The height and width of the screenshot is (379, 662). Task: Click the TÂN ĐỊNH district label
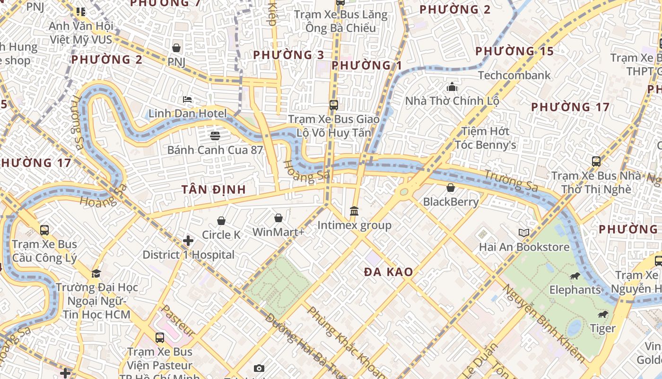point(214,189)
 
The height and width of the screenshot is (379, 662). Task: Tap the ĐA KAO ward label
point(389,272)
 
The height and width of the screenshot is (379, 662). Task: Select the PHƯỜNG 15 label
point(514,51)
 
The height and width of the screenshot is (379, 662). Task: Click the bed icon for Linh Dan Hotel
point(187,99)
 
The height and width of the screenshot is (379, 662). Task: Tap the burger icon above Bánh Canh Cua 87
point(215,136)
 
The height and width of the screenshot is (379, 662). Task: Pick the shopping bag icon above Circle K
point(221,221)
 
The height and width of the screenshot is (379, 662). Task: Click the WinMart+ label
point(279,232)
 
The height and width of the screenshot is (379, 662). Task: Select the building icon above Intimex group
point(354,211)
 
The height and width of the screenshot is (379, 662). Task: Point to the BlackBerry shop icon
point(451,188)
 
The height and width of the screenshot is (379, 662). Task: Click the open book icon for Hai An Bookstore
point(523,233)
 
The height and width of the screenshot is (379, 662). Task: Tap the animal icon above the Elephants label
point(575,276)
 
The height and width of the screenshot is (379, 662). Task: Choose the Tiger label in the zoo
point(602,328)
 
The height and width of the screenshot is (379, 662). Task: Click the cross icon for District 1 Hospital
point(188,241)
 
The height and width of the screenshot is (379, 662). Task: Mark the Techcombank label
point(514,75)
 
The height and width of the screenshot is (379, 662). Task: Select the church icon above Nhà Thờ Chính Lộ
point(452,87)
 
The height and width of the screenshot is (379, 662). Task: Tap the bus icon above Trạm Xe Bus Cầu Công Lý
point(44,230)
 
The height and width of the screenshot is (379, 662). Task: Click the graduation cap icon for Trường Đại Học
point(96,273)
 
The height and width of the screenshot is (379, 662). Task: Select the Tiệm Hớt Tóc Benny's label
point(485,138)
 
